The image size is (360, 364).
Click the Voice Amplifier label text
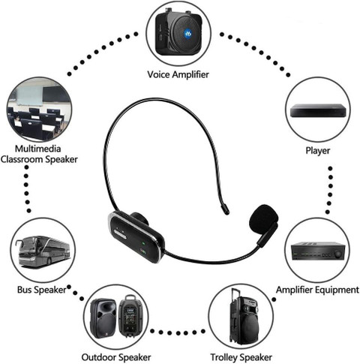[178, 74]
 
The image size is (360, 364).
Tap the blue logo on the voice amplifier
[187, 33]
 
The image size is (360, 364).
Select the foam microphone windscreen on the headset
[264, 218]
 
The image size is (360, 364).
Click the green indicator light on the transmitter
[143, 242]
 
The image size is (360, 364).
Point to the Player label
[318, 151]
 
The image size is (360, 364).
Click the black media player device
[318, 111]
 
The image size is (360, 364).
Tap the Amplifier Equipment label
[317, 290]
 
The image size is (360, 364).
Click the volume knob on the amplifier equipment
[337, 254]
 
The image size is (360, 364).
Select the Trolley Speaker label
[241, 357]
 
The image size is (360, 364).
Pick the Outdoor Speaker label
[116, 357]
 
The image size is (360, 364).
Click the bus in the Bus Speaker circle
[43, 251]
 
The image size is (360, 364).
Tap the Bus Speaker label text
[42, 290]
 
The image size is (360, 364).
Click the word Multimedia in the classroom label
[37, 149]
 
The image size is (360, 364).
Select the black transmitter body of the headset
[136, 237]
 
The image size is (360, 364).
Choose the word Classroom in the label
[22, 159]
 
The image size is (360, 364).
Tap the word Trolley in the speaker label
[223, 357]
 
